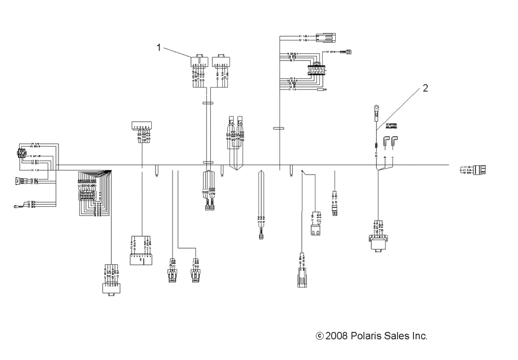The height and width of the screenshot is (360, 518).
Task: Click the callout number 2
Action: pos(425,89)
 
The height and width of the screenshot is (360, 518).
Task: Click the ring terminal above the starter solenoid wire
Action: pos(372,108)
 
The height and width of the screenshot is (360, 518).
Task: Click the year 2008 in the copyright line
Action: pos(337,336)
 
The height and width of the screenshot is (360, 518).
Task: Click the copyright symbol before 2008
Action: pos(319,337)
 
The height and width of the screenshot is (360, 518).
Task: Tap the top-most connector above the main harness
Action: pos(325,37)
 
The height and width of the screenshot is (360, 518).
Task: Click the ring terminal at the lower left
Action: pos(18,207)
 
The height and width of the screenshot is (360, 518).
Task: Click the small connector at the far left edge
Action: pos(21,154)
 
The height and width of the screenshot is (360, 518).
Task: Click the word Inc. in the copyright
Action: pos(420,336)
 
